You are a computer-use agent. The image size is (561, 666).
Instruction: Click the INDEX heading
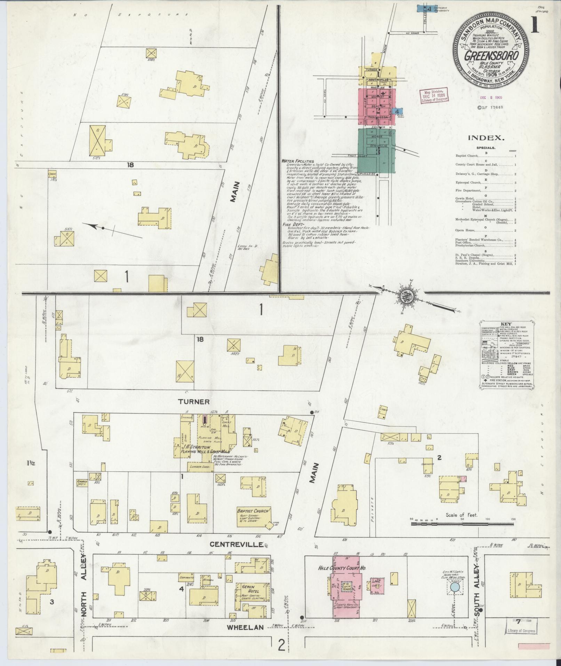pyautogui.click(x=486, y=138)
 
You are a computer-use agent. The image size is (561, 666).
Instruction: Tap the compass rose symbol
pyautogui.click(x=406, y=297)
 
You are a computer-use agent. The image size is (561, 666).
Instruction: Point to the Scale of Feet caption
pyautogui.click(x=462, y=515)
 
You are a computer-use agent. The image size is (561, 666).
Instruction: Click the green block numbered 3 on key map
pyautogui.click(x=377, y=152)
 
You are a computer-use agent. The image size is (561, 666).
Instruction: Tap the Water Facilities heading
pyautogui.click(x=298, y=161)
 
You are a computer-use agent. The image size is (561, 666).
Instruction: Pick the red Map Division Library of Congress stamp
pyautogui.click(x=434, y=94)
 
